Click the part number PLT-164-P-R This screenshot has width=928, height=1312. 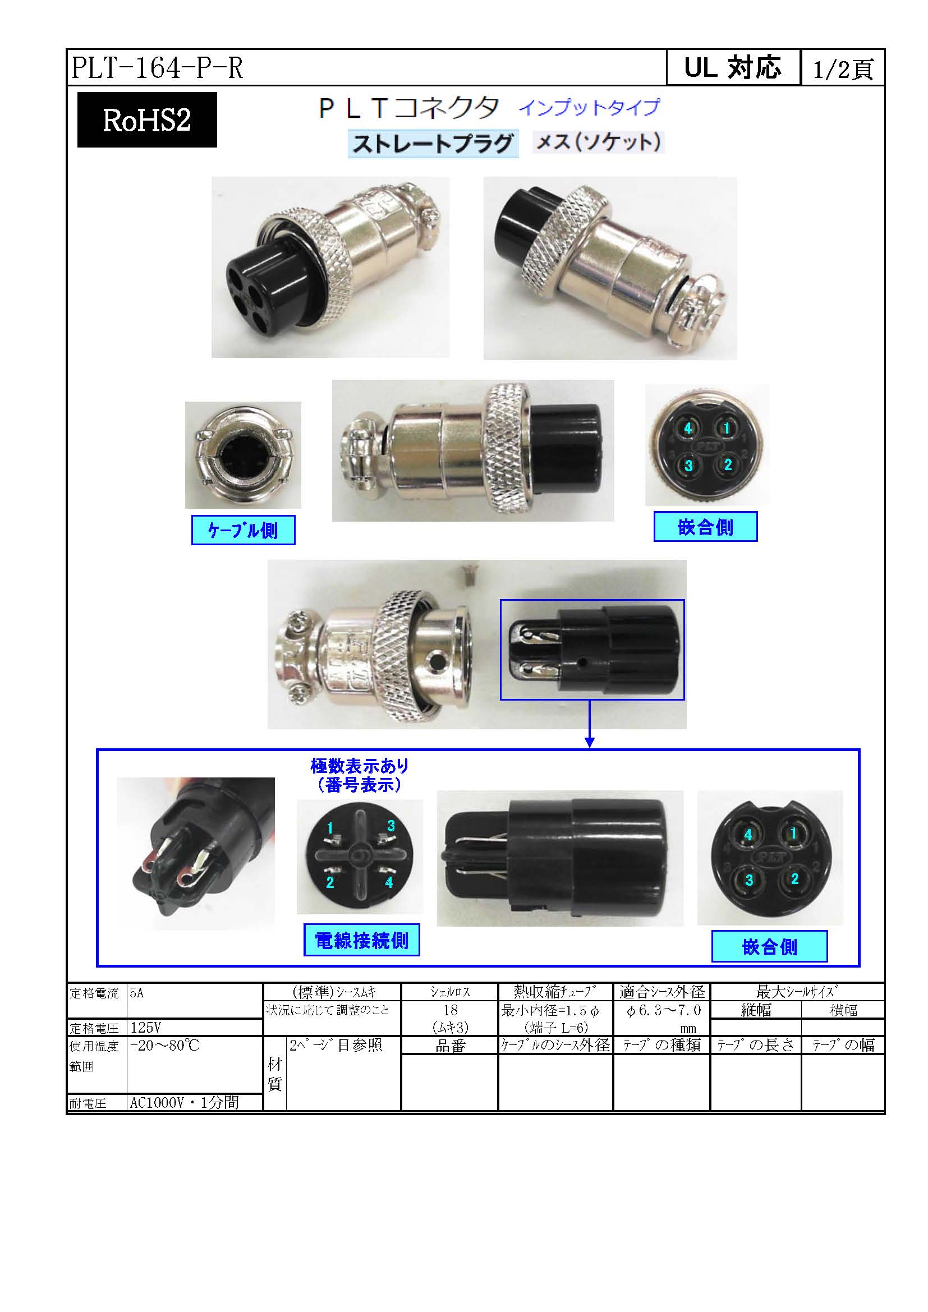[x=157, y=68]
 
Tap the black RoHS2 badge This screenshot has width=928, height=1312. [x=147, y=120]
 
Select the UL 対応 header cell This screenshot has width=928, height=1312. [x=733, y=68]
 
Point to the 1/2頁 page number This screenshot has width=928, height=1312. [x=843, y=69]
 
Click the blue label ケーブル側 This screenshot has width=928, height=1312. [x=243, y=530]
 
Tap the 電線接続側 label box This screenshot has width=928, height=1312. [x=361, y=940]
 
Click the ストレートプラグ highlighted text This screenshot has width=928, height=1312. [x=433, y=143]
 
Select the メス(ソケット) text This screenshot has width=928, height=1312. [x=598, y=142]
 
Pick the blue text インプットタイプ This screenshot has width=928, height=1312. [x=589, y=108]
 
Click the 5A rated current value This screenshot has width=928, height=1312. [x=136, y=993]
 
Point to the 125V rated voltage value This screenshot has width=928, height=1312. [x=146, y=1028]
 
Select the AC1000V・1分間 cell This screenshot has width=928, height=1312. [x=184, y=1102]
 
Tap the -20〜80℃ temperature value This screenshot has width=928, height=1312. [x=164, y=1046]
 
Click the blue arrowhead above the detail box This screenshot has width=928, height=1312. [x=590, y=742]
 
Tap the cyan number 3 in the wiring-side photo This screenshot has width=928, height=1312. [x=391, y=826]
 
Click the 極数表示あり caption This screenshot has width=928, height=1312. [x=360, y=766]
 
